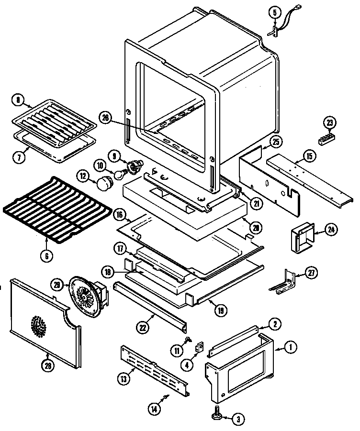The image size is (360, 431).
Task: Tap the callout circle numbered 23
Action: [x=330, y=122]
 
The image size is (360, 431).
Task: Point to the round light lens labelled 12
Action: [x=104, y=182]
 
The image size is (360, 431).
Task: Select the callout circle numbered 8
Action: [x=18, y=100]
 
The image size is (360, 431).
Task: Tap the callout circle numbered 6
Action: [x=46, y=256]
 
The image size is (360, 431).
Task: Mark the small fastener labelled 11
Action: [x=188, y=340]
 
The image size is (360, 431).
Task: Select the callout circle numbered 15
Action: [x=309, y=155]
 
